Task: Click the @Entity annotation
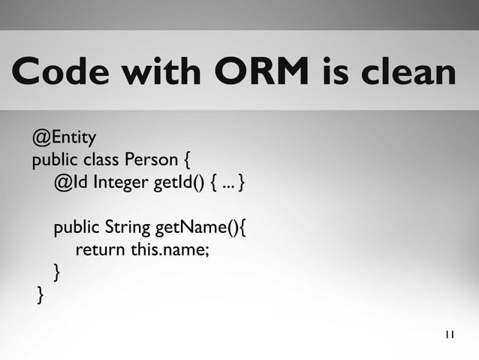point(64,138)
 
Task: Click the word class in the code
point(102,160)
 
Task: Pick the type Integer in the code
point(122,183)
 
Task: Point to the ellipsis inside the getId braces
point(226,183)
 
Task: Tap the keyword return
point(101,250)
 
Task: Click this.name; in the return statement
point(170,250)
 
